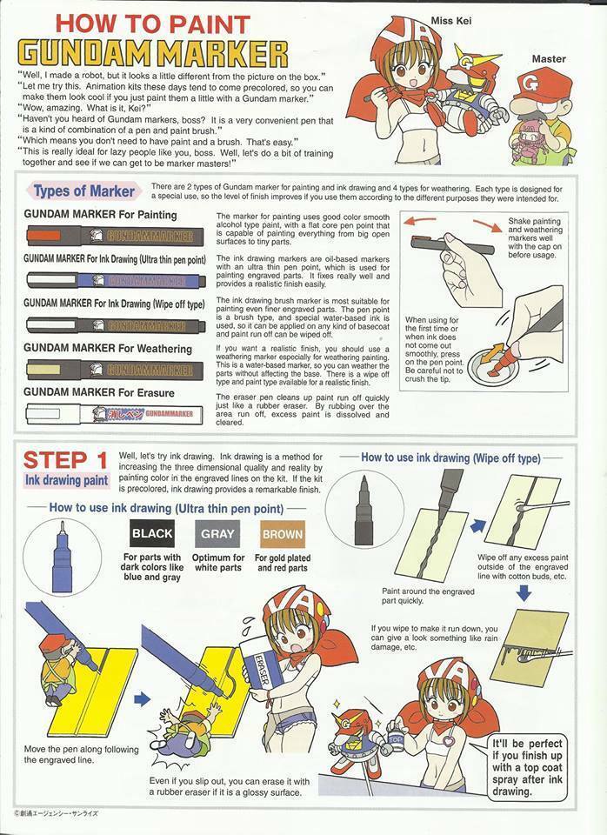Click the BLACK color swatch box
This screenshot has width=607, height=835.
click(152, 533)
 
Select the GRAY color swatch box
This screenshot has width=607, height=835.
click(217, 533)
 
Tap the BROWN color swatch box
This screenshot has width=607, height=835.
click(282, 533)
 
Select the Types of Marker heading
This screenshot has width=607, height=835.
click(83, 190)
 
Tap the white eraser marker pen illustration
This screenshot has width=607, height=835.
click(113, 415)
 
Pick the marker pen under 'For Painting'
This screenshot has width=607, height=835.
click(113, 234)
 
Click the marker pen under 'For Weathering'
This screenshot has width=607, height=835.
click(113, 369)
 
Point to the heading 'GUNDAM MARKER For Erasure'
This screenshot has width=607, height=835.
click(98, 393)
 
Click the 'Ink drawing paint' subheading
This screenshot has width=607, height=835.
click(67, 479)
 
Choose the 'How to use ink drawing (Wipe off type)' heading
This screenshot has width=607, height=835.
click(450, 457)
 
